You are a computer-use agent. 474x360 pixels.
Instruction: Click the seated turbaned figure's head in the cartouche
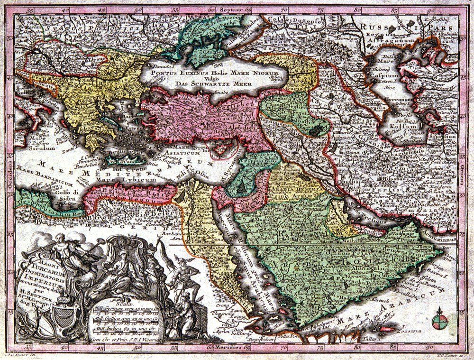pyautogui.click(x=124, y=255)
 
